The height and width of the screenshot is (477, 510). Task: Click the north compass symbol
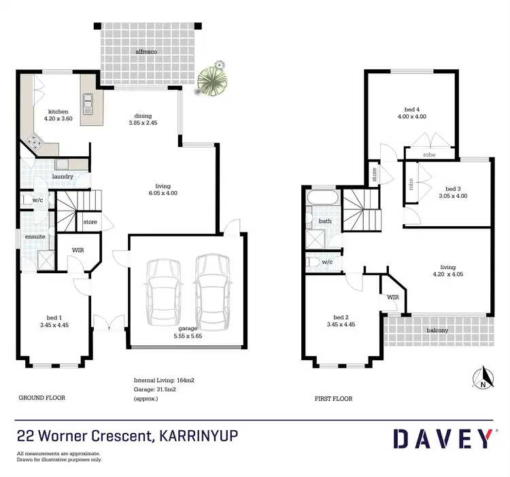coord(483,377)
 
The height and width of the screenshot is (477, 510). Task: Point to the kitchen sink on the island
coord(88,101)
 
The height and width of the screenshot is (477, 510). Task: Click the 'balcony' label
coord(438,330)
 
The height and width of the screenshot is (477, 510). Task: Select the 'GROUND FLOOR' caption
coord(41,397)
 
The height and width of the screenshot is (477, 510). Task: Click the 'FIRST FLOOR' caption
coord(333,399)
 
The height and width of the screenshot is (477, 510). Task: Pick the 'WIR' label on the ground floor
coord(78,250)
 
